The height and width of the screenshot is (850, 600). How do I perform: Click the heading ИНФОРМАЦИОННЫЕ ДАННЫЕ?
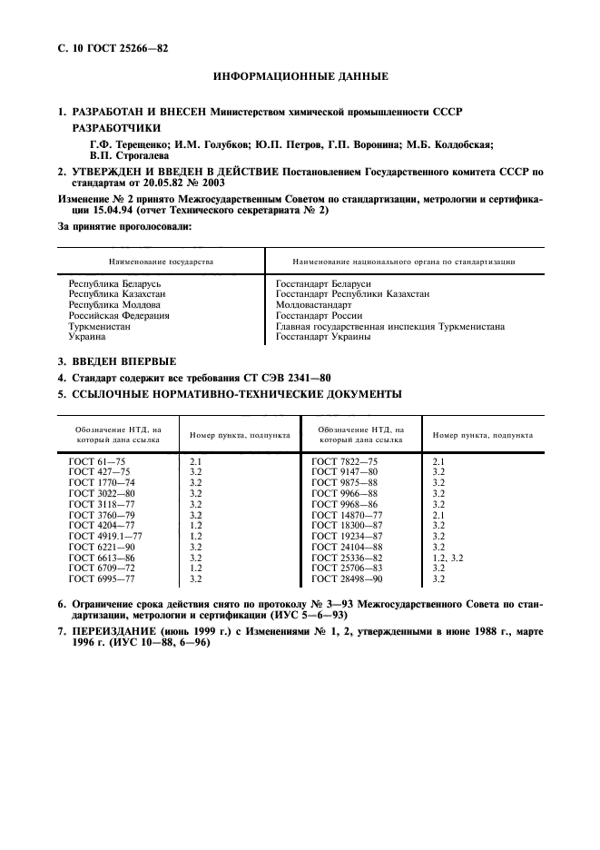(300, 76)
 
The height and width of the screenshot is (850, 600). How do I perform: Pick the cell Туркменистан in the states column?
(100, 326)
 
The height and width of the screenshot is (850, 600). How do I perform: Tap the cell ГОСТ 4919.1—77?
(105, 536)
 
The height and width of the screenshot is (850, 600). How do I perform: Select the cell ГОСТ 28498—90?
(347, 578)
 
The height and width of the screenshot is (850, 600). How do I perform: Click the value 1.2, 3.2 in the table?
(448, 557)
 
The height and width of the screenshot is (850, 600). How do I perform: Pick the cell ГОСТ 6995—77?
(101, 578)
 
